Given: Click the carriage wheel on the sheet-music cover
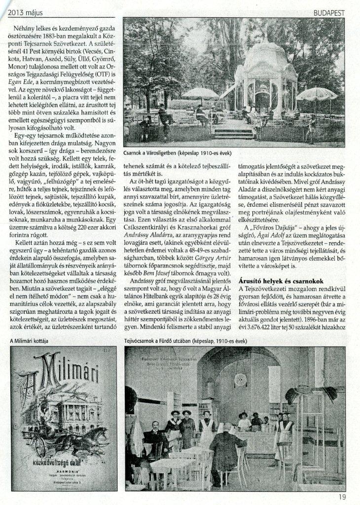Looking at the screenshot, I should [x=40, y=446].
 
